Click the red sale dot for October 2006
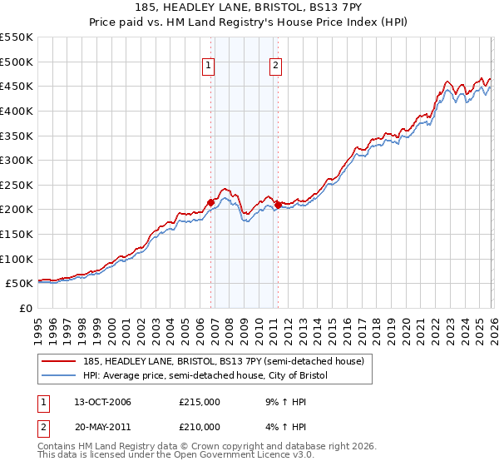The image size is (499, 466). (x=210, y=202)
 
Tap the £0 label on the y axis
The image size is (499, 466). (x=25, y=308)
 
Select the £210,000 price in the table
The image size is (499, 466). (x=200, y=427)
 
